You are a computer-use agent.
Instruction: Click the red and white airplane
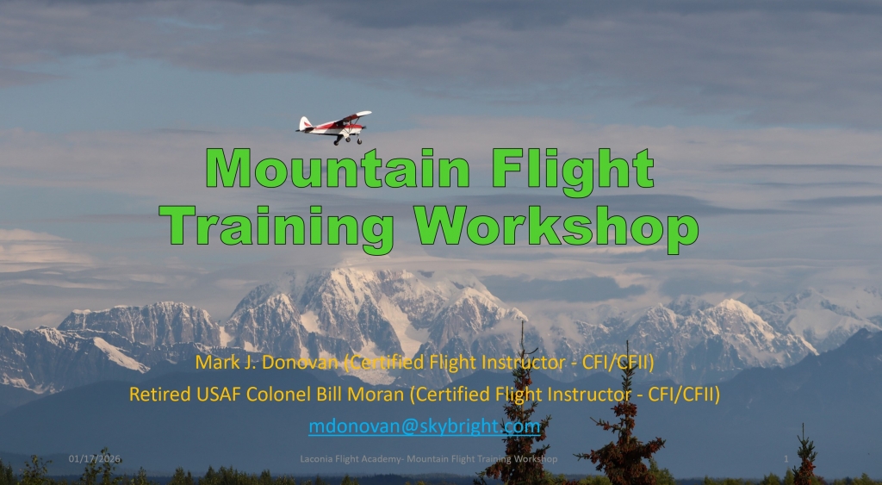(334, 127)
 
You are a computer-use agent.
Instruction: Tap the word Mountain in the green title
(338, 168)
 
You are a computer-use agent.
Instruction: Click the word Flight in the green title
(573, 171)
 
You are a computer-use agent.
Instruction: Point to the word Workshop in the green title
(556, 229)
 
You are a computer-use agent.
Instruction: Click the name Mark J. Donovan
(267, 363)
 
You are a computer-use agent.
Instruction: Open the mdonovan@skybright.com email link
(424, 426)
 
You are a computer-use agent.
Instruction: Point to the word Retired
(160, 395)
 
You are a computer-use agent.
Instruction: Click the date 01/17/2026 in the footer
(95, 459)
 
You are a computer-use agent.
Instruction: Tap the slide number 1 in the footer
(786, 459)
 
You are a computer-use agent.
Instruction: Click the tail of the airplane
(305, 124)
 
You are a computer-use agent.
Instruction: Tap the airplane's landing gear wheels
(348, 140)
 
